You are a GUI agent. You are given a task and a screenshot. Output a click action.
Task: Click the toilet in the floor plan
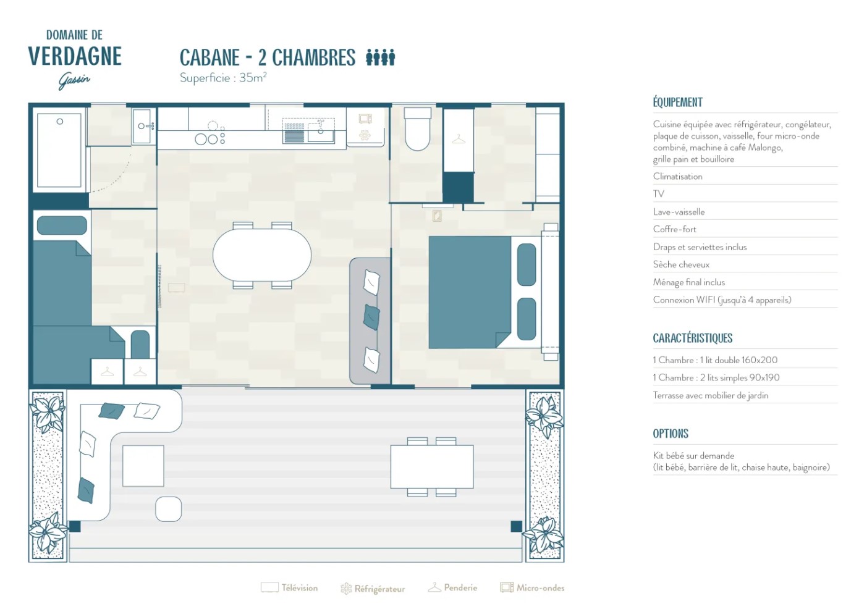tap(417, 128)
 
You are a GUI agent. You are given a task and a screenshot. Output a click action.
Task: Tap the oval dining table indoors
tap(262, 255)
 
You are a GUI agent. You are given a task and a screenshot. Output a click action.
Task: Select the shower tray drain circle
tap(60, 122)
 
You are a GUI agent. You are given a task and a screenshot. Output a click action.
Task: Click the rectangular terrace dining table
tap(432, 466)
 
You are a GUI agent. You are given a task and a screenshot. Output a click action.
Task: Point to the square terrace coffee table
tap(143, 466)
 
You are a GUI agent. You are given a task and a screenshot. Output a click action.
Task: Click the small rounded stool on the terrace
tap(169, 509)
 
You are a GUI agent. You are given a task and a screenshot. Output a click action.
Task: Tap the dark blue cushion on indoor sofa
tap(371, 317)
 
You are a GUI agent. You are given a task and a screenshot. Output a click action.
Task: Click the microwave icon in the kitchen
tap(365, 119)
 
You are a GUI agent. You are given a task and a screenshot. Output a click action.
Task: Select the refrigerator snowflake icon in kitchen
tap(365, 135)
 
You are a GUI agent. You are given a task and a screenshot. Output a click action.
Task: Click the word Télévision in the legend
tap(300, 587)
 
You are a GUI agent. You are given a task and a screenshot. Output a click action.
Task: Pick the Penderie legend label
tap(460, 587)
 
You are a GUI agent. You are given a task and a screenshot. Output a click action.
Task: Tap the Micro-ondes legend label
tap(540, 587)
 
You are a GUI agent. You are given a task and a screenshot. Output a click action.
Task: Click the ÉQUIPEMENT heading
tap(677, 103)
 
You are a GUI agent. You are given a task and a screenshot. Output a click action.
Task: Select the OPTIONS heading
tap(671, 434)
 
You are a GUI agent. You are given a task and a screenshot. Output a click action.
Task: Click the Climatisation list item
tap(677, 176)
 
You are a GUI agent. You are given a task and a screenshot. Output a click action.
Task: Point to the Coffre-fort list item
tap(675, 229)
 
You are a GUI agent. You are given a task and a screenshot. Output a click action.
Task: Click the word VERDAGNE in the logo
tap(75, 56)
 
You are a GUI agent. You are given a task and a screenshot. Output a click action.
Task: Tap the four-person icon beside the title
tap(380, 57)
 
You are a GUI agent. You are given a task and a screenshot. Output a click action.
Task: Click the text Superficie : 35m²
tap(223, 78)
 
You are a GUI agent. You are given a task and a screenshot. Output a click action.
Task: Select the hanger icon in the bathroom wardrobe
tap(459, 140)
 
